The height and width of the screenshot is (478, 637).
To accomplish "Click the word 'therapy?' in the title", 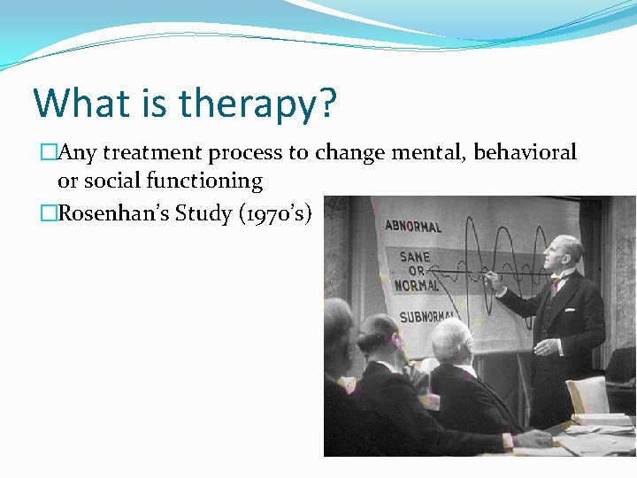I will [x=257, y=104].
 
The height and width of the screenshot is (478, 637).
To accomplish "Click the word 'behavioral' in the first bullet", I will [x=525, y=152].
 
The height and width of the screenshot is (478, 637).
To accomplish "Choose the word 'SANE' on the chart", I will [x=414, y=257].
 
